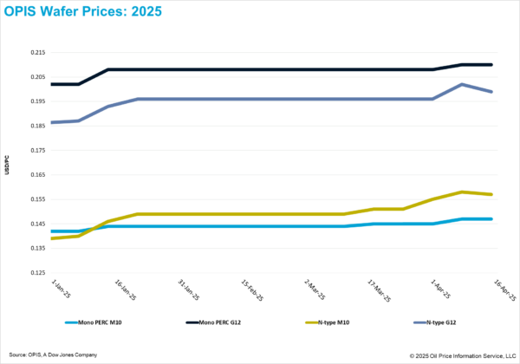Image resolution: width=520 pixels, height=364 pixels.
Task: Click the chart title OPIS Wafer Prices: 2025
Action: tap(78, 13)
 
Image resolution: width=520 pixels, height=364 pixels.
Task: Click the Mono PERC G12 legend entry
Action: tap(212, 322)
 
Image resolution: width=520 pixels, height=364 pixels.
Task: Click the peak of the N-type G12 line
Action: tap(462, 84)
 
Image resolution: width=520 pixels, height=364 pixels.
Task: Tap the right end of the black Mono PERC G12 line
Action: tap(492, 64)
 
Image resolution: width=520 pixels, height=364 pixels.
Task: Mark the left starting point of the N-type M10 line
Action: tap(52, 237)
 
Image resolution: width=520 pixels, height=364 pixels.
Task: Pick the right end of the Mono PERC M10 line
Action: tap(492, 219)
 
